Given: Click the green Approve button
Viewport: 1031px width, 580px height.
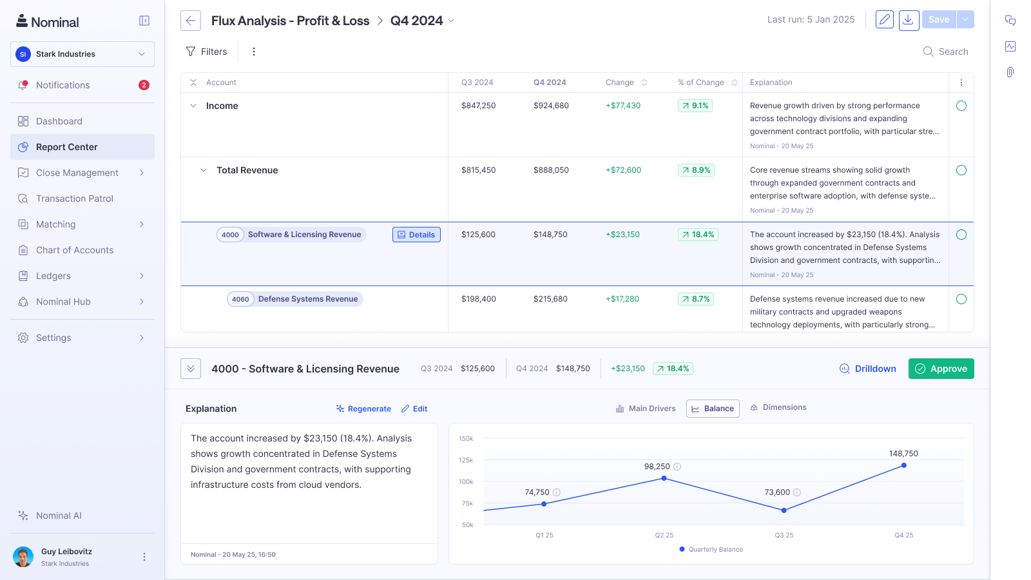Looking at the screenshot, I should click(x=941, y=369).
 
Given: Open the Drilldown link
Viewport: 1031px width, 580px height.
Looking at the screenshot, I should click(x=868, y=369).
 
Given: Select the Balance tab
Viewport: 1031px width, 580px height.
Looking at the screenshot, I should click(x=713, y=409).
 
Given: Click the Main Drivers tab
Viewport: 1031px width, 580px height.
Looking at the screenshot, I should click(x=646, y=409).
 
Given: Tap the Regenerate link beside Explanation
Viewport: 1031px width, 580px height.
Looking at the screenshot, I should click(x=363, y=409).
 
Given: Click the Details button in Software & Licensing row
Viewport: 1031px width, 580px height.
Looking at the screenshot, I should click(x=416, y=235).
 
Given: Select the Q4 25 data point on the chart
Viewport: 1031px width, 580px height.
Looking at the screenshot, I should click(x=904, y=465).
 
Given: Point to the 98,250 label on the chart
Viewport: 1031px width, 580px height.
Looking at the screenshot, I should click(x=657, y=467).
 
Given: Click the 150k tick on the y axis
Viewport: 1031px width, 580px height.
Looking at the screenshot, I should click(x=466, y=439).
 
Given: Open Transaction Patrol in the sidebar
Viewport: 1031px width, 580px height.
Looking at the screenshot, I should click(x=75, y=198).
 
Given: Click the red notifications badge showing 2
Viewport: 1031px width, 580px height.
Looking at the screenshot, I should click(x=144, y=85).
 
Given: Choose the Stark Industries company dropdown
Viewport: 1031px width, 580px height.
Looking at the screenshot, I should click(x=82, y=54).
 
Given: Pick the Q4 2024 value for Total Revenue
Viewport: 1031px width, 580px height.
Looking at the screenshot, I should click(x=551, y=170).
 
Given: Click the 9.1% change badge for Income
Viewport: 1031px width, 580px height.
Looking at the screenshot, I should click(x=695, y=106).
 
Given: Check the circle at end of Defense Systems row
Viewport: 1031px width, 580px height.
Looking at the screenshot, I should click(x=961, y=299).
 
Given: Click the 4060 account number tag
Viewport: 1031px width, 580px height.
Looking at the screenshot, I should click(x=240, y=299).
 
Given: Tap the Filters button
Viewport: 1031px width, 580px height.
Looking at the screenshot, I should click(x=206, y=52).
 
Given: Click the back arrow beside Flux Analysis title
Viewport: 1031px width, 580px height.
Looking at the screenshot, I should click(x=191, y=21).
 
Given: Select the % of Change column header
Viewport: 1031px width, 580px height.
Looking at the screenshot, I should click(x=701, y=82).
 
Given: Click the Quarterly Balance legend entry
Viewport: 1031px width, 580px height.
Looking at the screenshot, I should click(x=711, y=550).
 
